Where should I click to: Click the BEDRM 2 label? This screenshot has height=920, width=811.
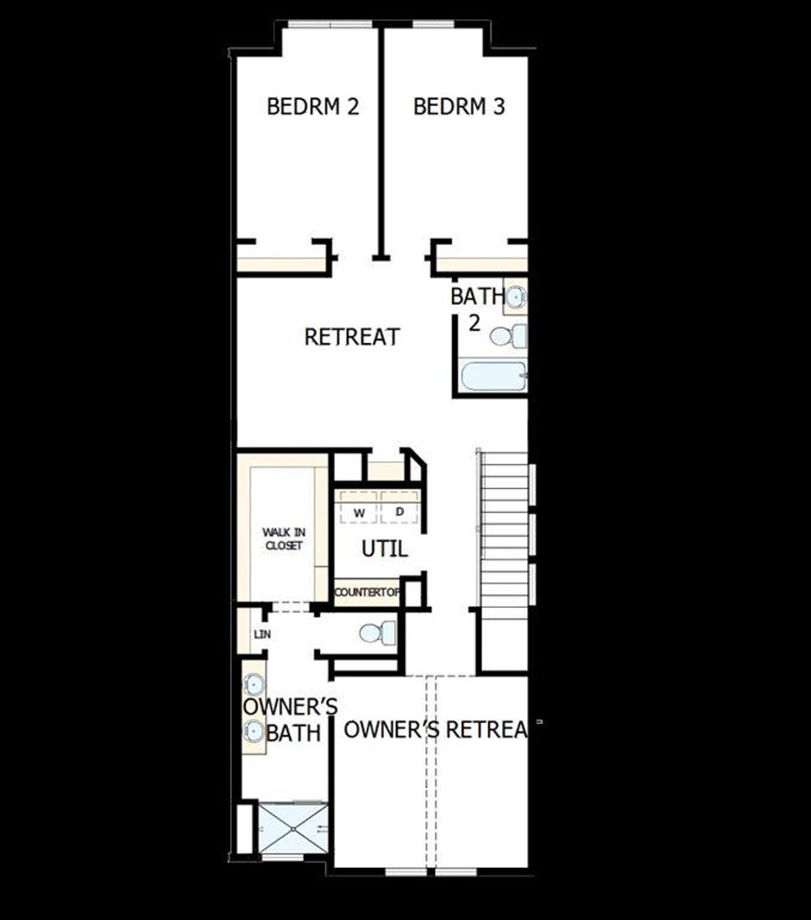click(312, 106)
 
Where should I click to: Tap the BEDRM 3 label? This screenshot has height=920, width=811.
click(459, 106)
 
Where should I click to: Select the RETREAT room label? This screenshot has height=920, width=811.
click(352, 337)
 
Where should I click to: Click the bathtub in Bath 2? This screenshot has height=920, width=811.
click(492, 376)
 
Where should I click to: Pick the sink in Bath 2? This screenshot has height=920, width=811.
click(516, 296)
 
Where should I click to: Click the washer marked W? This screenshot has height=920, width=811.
click(359, 512)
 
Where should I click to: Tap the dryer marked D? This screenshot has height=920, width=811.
click(399, 511)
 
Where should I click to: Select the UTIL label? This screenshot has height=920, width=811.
click(384, 549)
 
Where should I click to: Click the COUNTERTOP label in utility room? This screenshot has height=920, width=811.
click(367, 592)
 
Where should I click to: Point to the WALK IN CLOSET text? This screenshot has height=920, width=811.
click(283, 539)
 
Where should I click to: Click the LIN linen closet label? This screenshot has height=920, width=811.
click(262, 634)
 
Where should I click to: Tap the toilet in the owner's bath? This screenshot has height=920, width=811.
click(378, 633)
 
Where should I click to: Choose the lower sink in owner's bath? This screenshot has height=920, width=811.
click(254, 732)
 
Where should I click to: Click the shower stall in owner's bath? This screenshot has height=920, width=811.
click(293, 828)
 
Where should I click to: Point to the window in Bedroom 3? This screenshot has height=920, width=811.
click(433, 25)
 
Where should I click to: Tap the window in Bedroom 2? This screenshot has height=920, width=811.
click(329, 25)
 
